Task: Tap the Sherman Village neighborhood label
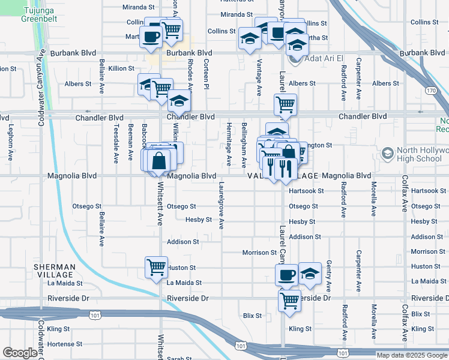(55, 271)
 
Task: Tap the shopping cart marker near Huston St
(156, 266)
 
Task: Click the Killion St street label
(122, 68)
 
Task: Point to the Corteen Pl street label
(206, 74)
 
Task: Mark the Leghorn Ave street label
(11, 146)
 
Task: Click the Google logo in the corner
(19, 353)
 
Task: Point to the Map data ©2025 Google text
(411, 355)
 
